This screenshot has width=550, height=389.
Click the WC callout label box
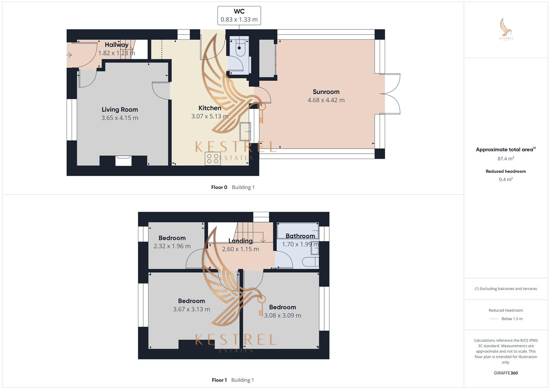(239, 15)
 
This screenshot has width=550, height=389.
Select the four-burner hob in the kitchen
(213, 158)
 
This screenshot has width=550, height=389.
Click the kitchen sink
(245, 131)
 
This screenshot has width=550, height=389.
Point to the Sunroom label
(326, 92)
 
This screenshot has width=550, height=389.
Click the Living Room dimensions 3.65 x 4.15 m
(120, 118)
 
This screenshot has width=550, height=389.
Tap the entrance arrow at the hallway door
(69, 55)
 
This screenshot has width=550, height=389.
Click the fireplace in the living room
(123, 161)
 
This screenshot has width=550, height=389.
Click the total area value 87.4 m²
(506, 158)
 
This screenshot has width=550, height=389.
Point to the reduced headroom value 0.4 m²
(506, 179)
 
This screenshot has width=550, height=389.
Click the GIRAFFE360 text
(506, 373)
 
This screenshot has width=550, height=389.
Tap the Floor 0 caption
(219, 187)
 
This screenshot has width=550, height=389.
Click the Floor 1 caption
(219, 380)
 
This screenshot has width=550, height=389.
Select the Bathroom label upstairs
(300, 236)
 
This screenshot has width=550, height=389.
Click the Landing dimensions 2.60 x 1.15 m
(240, 249)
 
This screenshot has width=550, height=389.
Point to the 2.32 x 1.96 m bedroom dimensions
(172, 246)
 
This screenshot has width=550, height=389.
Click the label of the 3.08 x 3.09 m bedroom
(282, 307)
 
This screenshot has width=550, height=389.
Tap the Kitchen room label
(210, 108)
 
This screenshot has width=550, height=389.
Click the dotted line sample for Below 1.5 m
(494, 319)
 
